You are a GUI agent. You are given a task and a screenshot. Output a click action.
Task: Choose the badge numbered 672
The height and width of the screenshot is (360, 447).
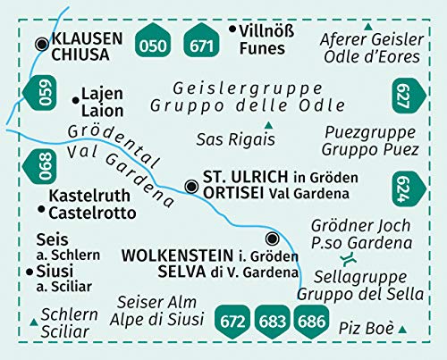click(x=235, y=320)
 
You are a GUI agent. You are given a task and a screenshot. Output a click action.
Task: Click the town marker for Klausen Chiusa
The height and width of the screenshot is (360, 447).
click(x=41, y=43)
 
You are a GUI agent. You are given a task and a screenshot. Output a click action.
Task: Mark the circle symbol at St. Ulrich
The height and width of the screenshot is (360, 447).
click(x=190, y=186)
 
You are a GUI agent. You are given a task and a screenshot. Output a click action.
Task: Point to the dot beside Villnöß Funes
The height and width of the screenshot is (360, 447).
click(x=232, y=29)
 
